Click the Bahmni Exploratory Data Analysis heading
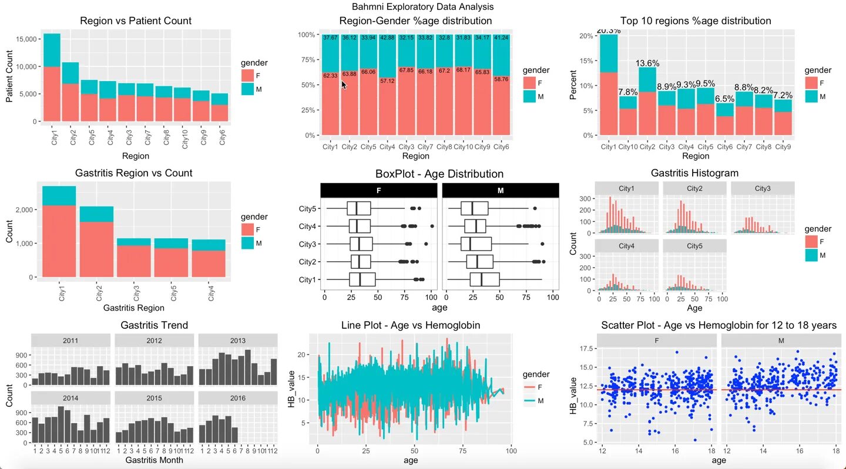(422, 7)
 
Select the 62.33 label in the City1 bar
(330, 76)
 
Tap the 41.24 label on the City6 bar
(501, 38)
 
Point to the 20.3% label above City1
(608, 31)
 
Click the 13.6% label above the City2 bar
(647, 63)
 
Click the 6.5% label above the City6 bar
(724, 99)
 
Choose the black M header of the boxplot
(500, 190)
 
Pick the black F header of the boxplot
(379, 190)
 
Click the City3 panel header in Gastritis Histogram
(762, 188)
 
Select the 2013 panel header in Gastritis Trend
(238, 340)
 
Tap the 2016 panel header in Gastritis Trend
(238, 398)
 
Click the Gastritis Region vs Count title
(133, 173)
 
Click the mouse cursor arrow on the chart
(343, 85)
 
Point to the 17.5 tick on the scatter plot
(585, 348)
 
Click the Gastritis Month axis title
(154, 460)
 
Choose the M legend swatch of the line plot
(530, 400)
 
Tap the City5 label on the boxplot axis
(307, 209)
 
